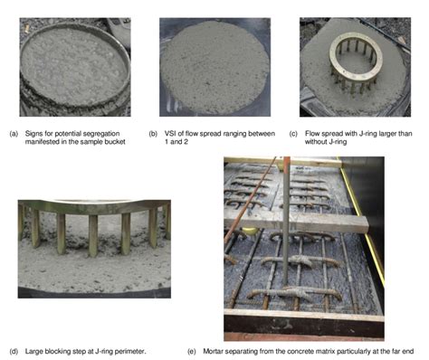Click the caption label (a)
(14, 134)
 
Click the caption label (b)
(153, 134)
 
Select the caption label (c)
(293, 134)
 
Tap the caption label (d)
(14, 351)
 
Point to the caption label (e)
(192, 351)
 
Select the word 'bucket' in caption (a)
(115, 141)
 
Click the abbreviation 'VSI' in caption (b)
(169, 134)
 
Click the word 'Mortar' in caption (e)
(214, 351)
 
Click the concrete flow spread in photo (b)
(214, 68)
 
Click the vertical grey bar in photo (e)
(286, 222)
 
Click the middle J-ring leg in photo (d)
(93, 236)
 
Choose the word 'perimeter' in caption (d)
(131, 351)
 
